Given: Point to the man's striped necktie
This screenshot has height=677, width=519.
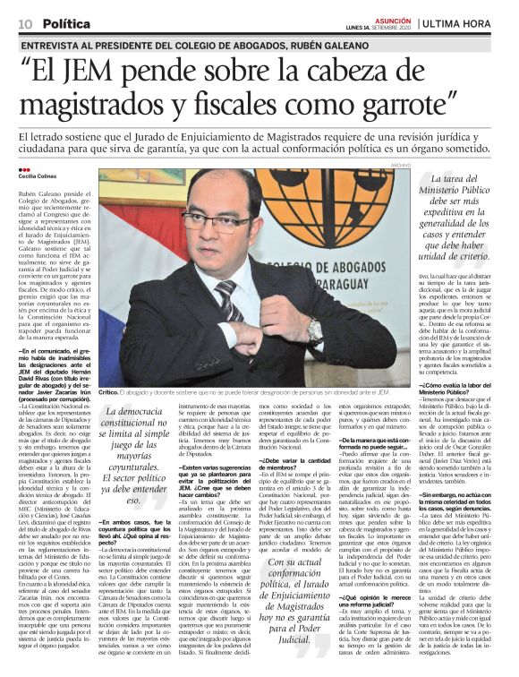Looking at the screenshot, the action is [x=228, y=297].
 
